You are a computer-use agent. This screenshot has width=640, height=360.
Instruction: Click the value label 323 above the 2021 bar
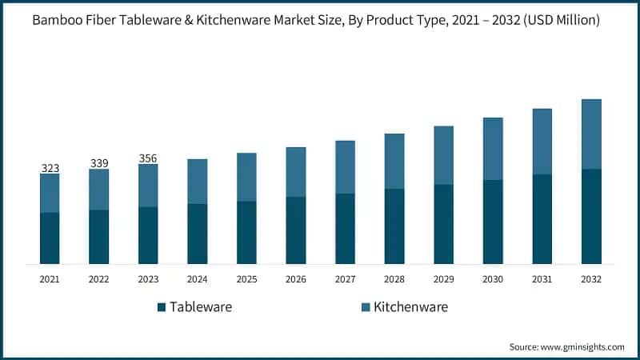coord(50,168)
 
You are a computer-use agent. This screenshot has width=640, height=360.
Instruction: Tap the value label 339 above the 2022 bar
coord(99,163)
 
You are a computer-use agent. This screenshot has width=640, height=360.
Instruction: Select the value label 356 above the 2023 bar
coord(148,158)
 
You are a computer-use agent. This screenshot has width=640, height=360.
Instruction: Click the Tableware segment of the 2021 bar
coord(50,238)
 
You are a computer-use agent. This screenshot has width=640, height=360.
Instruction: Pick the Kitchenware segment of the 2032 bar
coord(591,134)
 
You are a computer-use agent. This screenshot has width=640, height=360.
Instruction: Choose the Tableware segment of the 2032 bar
coord(591,216)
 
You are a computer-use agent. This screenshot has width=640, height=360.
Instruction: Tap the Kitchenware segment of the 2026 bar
coord(296,172)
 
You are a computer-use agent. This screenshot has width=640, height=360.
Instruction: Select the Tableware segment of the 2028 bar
coord(394,226)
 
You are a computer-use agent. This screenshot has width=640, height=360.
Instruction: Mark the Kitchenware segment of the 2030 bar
coord(493,149)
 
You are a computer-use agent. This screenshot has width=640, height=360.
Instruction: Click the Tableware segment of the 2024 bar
coord(198,234)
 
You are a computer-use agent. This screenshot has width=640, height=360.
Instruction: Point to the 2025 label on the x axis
coord(246,279)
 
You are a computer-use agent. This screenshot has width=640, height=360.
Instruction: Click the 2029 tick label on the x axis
coord(444,279)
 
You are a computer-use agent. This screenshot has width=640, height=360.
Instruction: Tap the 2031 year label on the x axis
coord(542,279)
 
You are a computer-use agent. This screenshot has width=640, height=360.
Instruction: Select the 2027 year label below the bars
coord(346,279)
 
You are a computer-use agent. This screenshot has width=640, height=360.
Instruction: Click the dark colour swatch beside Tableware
coord(161,307)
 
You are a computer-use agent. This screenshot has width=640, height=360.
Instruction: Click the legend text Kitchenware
coord(410,307)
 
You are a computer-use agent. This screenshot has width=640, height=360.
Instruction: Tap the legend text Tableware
coord(201,307)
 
